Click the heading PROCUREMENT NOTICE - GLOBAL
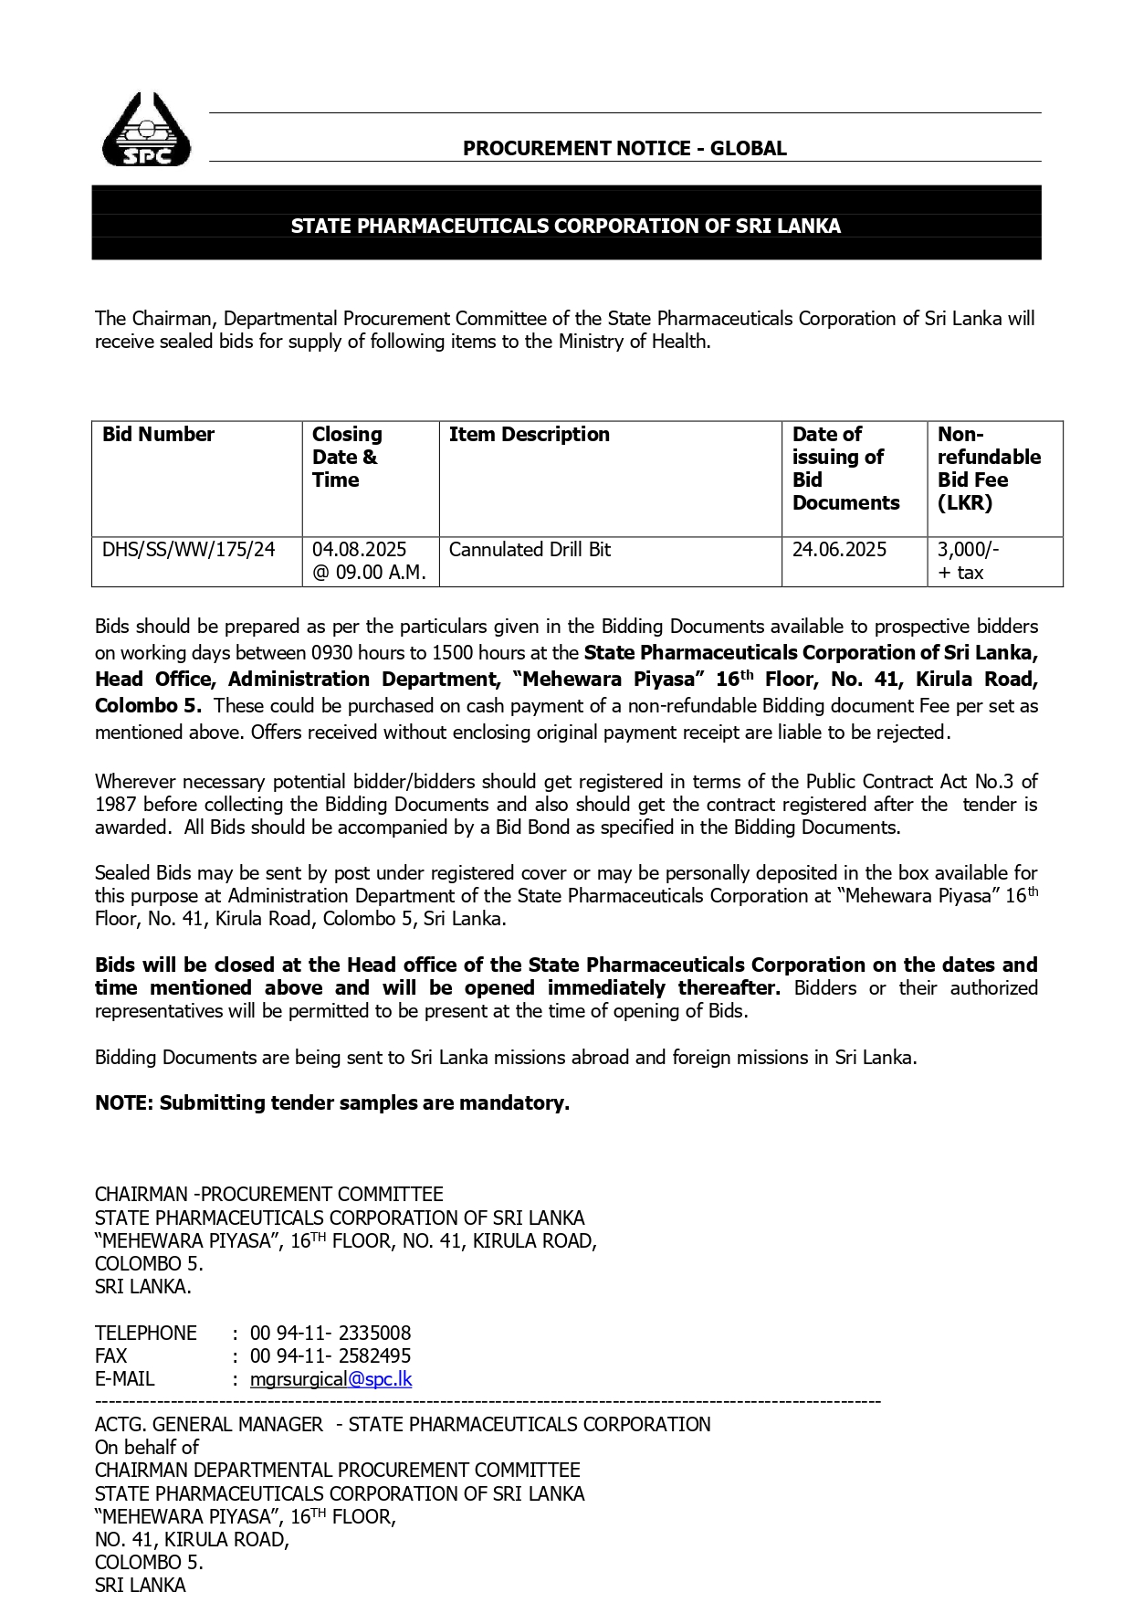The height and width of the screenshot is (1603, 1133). [624, 148]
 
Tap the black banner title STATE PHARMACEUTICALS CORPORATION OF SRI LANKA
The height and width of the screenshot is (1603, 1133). [565, 226]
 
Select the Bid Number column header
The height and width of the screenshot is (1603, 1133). [158, 435]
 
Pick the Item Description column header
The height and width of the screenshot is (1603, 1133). [529, 435]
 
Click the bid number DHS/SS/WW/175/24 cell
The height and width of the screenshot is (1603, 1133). [188, 550]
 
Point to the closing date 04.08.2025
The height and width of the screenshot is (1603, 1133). [359, 550]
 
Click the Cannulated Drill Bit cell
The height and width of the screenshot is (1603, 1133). [530, 550]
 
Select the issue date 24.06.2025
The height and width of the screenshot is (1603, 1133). [839, 550]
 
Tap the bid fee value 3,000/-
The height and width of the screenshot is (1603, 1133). [968, 550]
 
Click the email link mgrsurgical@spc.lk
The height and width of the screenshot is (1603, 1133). [330, 1379]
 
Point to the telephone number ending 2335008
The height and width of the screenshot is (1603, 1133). [330, 1334]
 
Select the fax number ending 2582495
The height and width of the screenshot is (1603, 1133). [330, 1356]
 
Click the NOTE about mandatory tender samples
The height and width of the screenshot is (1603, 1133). [332, 1103]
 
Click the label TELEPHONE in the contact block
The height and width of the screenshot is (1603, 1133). [146, 1334]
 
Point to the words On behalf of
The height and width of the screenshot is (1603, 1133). [146, 1448]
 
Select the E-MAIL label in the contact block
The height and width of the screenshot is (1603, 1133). [125, 1379]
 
